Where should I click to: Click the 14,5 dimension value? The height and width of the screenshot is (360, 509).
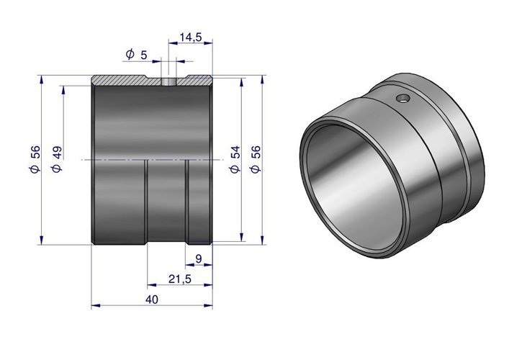(x=191, y=37)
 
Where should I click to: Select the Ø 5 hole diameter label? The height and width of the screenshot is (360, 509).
(x=136, y=55)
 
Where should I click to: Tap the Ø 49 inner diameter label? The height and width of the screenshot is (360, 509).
(x=56, y=159)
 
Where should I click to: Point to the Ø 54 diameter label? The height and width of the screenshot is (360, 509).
(x=235, y=159)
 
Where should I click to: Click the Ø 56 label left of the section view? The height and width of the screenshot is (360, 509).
(x=35, y=159)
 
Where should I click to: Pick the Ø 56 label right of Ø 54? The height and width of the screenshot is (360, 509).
(x=256, y=159)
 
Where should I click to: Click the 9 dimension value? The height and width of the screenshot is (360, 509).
(x=199, y=258)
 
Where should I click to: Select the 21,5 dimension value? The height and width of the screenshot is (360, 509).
(x=180, y=279)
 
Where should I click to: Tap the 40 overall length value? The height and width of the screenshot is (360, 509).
(x=152, y=300)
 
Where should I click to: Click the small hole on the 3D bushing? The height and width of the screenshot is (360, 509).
(x=403, y=98)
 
